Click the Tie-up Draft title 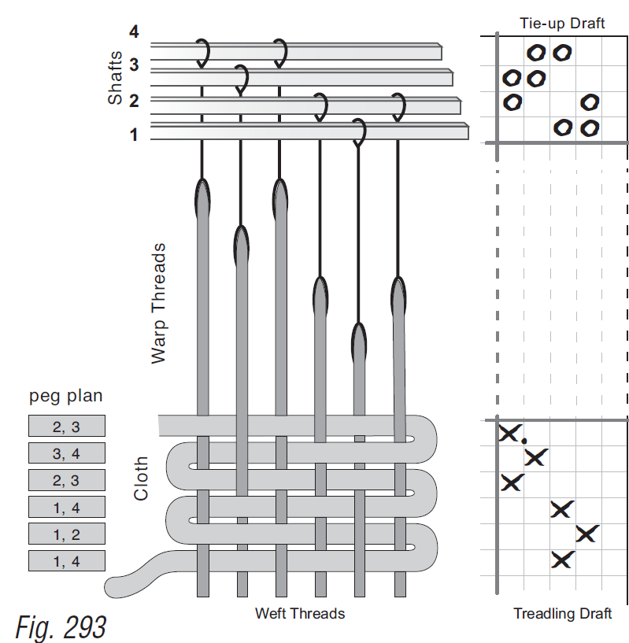tap(561, 24)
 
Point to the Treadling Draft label tap(562, 613)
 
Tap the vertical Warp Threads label tap(160, 303)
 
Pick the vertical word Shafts tap(116, 78)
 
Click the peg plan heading tap(65, 396)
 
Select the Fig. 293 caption tap(61, 626)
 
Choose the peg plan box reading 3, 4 tap(66, 453)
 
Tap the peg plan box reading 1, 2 tap(66, 534)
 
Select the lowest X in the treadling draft tap(561, 560)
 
